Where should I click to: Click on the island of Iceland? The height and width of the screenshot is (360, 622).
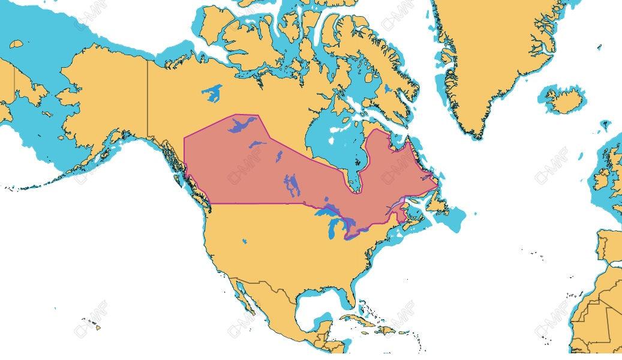(x=564, y=100)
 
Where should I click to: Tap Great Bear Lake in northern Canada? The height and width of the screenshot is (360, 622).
(x=211, y=93)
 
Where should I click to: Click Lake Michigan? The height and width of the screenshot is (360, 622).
(x=333, y=229)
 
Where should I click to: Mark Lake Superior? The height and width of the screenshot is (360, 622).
(x=327, y=212)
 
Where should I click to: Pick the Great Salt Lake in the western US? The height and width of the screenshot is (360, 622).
(x=245, y=241)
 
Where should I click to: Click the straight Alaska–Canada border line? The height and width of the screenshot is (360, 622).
(x=148, y=96)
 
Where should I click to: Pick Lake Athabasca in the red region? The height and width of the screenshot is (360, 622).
(x=257, y=144)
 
